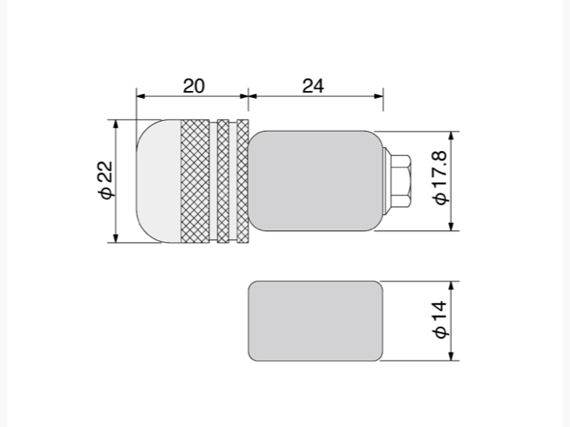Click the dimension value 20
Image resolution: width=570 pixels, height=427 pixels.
point(194,86)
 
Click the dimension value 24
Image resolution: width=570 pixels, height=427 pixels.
point(313,86)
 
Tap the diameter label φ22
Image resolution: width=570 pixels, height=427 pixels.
point(106,179)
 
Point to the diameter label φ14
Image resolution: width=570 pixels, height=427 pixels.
point(440,319)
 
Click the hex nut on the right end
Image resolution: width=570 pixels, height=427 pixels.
point(401,181)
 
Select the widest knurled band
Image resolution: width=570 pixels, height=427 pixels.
point(195,181)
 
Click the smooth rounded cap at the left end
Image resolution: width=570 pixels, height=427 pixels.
point(158,181)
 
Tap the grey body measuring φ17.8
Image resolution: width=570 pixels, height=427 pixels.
point(316,181)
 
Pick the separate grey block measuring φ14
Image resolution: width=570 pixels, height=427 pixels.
point(316,321)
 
